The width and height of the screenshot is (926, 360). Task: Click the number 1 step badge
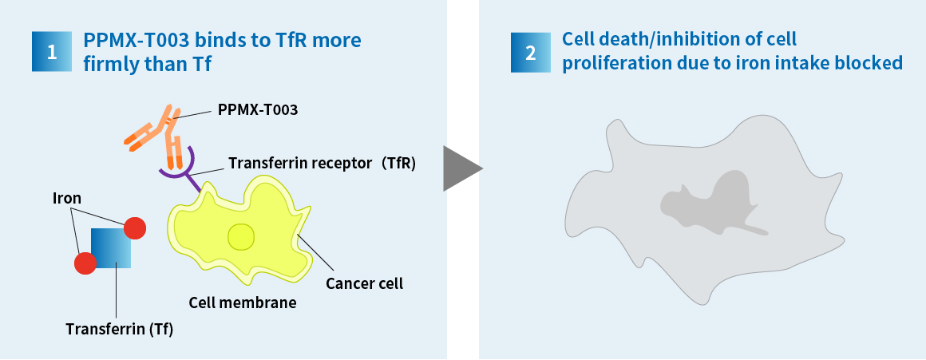click(52, 52)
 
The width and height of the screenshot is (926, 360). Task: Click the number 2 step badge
click(531, 52)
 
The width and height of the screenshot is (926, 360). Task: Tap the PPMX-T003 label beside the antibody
click(258, 110)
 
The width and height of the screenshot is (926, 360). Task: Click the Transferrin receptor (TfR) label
click(323, 163)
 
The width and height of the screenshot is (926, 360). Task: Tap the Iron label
click(67, 198)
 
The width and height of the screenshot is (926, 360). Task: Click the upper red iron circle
click(135, 228)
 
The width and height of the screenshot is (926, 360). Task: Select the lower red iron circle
click(85, 263)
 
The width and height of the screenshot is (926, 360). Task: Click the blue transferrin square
click(111, 248)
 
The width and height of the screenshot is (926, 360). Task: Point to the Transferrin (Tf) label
click(119, 330)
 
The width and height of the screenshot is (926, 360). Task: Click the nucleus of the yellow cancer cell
click(241, 237)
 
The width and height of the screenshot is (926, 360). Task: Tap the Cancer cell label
click(364, 283)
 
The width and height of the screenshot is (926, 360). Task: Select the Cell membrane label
click(243, 303)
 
